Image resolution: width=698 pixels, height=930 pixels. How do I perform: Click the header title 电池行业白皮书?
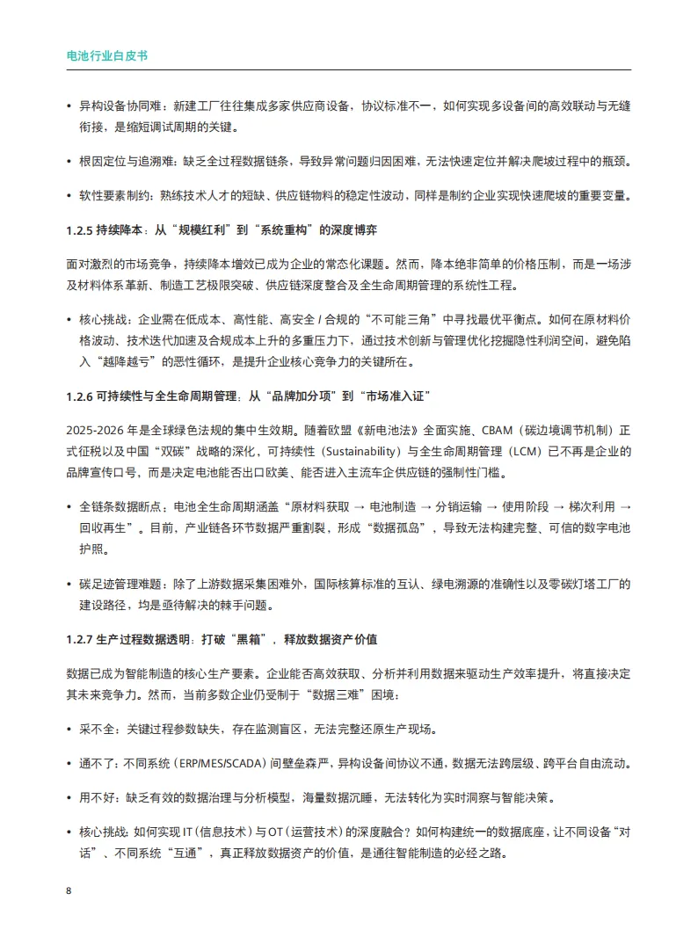coord(107,54)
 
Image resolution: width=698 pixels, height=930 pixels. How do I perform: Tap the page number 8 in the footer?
coord(69,890)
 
